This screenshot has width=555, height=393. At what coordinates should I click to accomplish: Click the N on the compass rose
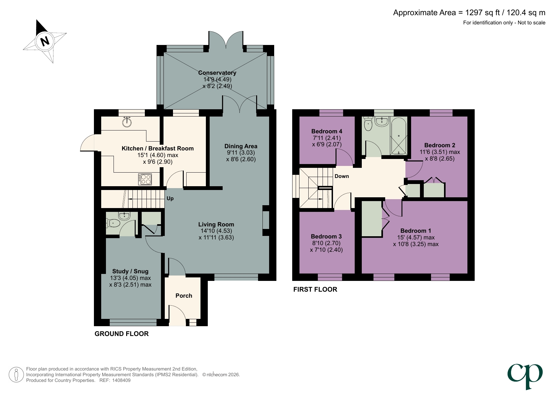click(45, 41)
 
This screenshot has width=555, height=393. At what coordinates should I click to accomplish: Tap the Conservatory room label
click(217, 73)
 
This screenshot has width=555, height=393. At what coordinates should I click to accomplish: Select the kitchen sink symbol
click(127, 122)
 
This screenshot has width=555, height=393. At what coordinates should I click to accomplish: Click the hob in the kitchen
click(145, 180)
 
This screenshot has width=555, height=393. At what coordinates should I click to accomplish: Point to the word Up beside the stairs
click(170, 199)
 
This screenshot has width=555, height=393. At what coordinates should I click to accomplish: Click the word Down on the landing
click(342, 176)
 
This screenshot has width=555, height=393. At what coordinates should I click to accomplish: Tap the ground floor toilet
click(113, 223)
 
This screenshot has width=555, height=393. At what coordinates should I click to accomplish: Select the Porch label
click(184, 296)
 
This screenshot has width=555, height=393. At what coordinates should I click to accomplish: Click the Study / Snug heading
click(130, 271)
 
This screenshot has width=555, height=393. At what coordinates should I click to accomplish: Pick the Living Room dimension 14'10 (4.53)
click(216, 231)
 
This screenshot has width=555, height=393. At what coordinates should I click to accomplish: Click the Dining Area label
click(241, 146)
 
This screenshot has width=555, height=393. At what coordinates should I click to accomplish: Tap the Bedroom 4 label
click(327, 131)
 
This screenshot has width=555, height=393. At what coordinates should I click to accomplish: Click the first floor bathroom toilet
click(368, 124)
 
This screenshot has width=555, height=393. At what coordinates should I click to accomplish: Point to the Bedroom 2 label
click(440, 145)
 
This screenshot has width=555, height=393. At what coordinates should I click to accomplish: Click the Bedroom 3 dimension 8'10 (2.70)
click(326, 243)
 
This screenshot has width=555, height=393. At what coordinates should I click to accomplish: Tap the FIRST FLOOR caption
click(315, 289)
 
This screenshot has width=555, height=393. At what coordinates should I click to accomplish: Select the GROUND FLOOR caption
click(121, 334)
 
